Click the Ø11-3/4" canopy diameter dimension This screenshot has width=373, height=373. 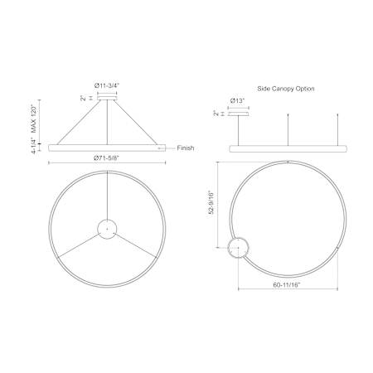coord(107,85)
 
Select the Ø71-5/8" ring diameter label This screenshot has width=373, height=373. coord(106,157)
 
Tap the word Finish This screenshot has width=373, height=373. coord(186,148)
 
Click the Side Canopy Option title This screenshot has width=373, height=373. coord(286,89)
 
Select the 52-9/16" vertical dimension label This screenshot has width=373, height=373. coord(211,202)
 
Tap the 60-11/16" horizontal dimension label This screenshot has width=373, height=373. coord(287,284)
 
